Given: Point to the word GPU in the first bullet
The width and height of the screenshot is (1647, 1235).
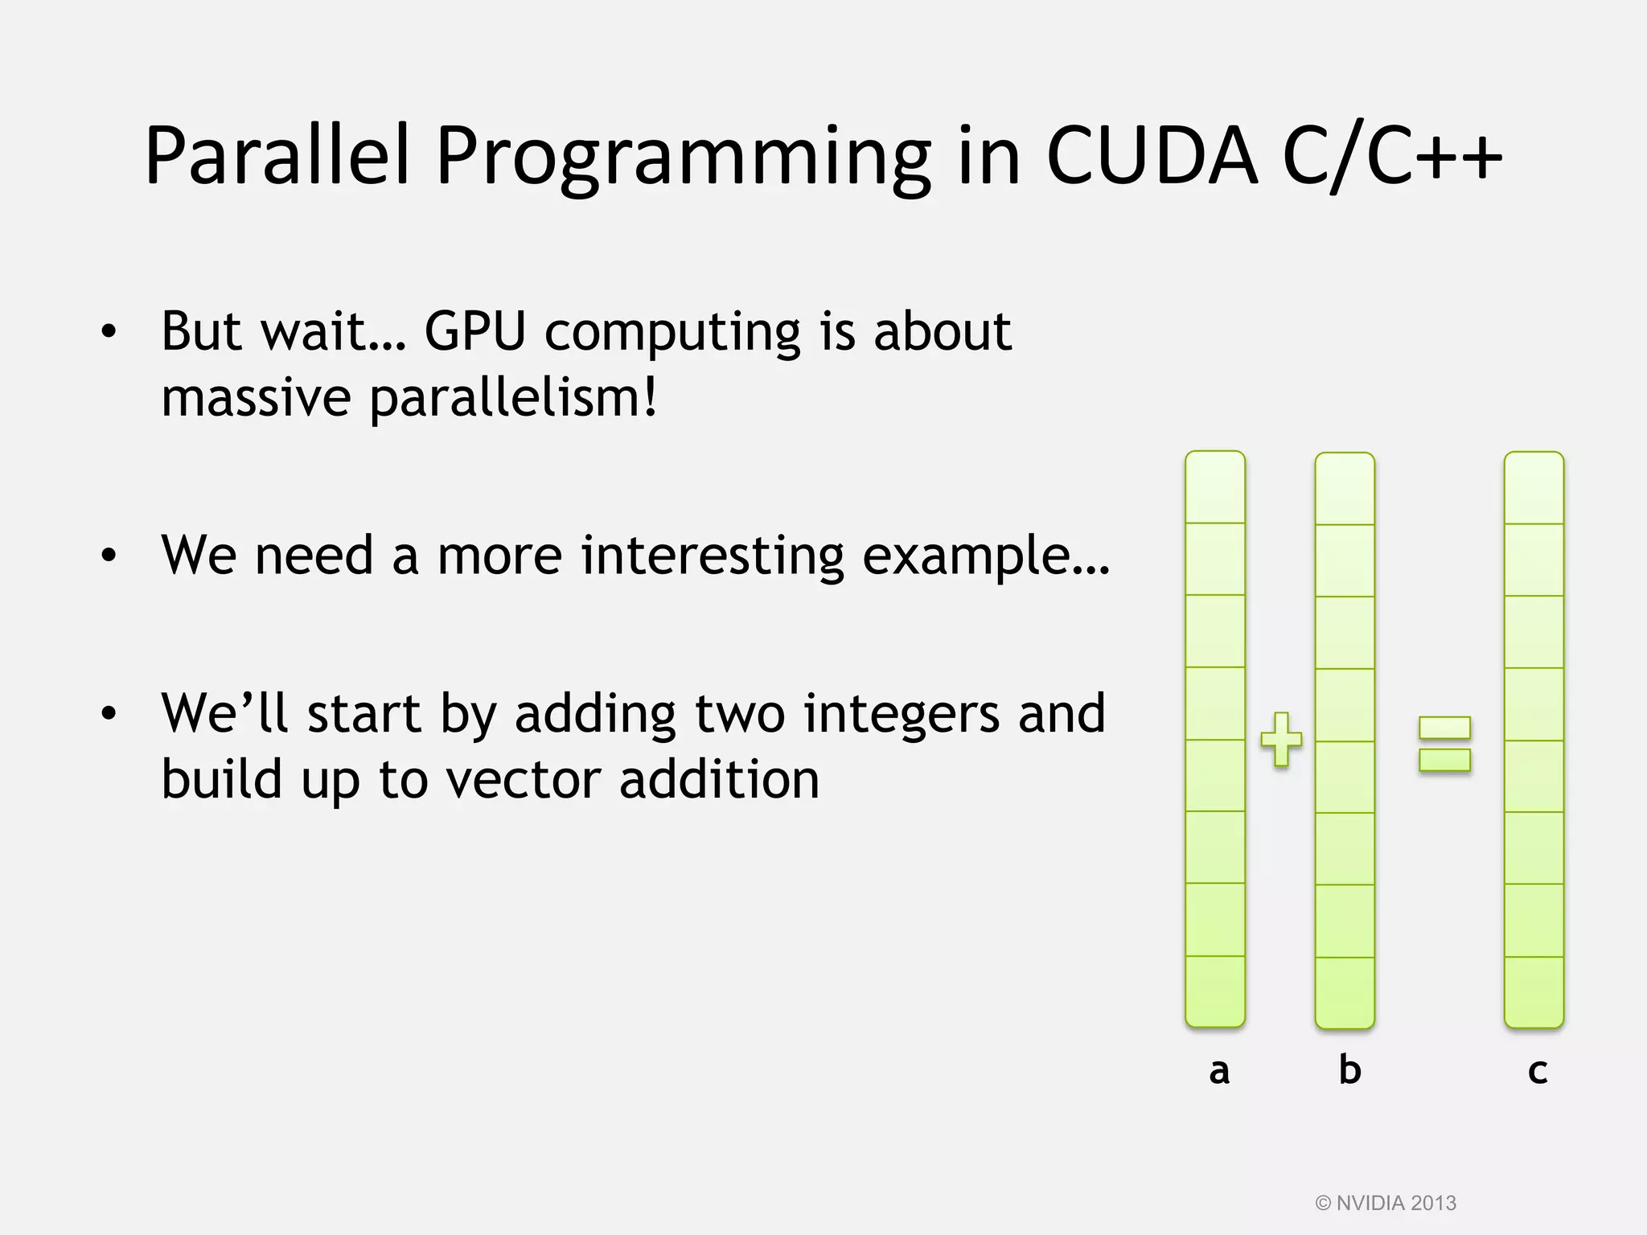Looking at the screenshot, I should pyautogui.click(x=474, y=331).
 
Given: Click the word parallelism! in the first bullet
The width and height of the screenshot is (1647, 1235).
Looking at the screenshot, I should pyautogui.click(x=513, y=399).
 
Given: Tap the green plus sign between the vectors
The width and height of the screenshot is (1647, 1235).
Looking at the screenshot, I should pyautogui.click(x=1281, y=739).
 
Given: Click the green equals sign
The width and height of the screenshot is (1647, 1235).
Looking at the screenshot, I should pyautogui.click(x=1444, y=744).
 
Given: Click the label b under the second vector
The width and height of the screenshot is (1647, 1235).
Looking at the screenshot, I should pyautogui.click(x=1349, y=1069).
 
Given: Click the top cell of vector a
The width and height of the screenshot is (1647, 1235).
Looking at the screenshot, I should pyautogui.click(x=1215, y=488).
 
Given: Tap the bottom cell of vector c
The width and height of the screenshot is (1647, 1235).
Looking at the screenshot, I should pyautogui.click(x=1534, y=991).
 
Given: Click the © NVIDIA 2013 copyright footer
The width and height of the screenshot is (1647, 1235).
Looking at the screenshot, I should pyautogui.click(x=1386, y=1203).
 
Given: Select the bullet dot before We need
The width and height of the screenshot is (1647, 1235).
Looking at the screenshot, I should pyautogui.click(x=109, y=556).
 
